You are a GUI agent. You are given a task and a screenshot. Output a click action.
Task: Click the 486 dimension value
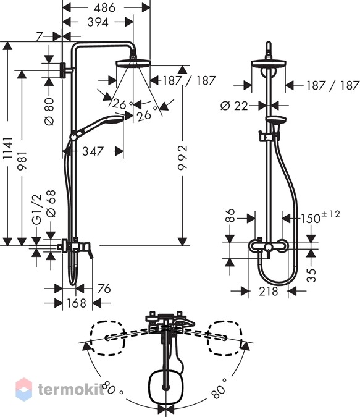[104, 7]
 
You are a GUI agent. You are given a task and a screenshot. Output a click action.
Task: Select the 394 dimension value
[98, 22]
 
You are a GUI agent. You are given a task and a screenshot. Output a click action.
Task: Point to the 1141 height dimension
[7, 148]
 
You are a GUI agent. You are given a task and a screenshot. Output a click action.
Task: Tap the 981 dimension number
[22, 161]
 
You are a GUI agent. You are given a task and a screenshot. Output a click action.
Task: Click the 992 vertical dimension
[182, 157]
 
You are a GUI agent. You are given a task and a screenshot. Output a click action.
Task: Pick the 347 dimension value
[93, 151]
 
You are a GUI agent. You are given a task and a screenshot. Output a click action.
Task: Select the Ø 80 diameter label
[49, 112]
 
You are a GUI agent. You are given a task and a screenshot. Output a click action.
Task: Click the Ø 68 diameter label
[51, 203]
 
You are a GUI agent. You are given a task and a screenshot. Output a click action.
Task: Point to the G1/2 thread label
[36, 210]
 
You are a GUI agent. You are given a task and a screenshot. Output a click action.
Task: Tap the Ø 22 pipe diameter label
[234, 106]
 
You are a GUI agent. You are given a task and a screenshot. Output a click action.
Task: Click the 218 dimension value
[269, 292]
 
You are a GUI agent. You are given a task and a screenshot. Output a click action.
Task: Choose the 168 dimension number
[77, 303]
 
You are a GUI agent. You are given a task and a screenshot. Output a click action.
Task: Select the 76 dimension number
[104, 289]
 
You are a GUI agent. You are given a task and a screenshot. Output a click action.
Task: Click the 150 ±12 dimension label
[320, 217]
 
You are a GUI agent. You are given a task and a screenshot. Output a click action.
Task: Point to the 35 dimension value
[311, 275]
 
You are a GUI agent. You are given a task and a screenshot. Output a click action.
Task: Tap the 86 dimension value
[230, 215]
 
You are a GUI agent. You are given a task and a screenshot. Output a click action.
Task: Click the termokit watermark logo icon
[24, 389]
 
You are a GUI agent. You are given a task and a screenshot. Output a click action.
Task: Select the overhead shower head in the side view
[133, 63]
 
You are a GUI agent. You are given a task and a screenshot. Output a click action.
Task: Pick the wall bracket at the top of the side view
[63, 70]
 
